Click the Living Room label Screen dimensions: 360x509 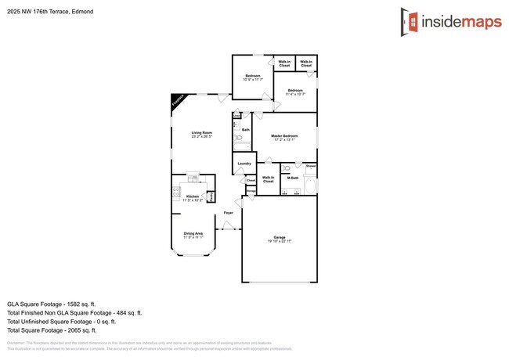201,133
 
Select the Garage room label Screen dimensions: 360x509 279,236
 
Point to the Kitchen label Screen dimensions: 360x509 192,196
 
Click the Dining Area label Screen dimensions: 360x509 193,233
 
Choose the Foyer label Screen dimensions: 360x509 229,212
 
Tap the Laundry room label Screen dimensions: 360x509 244,163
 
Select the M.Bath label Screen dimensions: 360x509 293,178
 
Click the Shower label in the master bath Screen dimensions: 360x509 311,166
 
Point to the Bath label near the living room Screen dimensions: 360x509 246,130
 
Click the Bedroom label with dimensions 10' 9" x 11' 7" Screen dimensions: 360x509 252,76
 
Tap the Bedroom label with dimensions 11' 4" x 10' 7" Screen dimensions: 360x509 295,91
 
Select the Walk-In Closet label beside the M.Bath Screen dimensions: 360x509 268,179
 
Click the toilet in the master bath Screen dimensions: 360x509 287,167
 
